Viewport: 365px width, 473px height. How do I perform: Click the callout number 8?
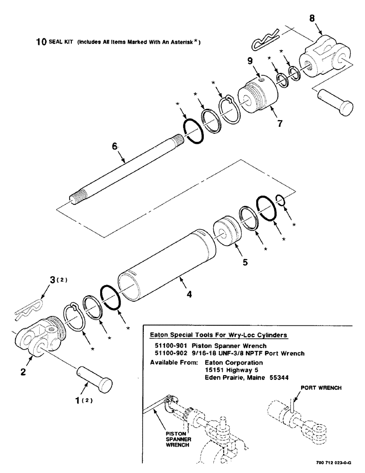click(311, 19)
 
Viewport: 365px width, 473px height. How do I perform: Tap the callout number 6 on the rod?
click(114, 148)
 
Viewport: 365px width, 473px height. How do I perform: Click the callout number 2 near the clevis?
click(22, 372)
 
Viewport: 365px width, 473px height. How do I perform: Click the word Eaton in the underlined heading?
click(159, 334)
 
